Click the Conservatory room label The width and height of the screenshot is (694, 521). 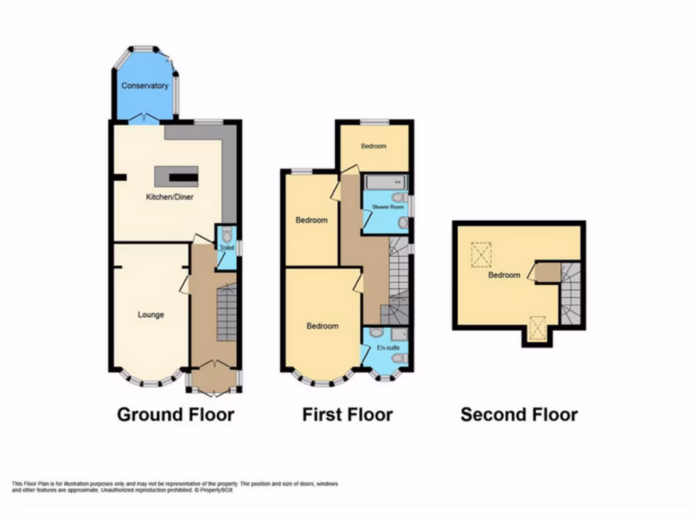(x=144, y=86)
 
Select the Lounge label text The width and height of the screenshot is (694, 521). (x=150, y=315)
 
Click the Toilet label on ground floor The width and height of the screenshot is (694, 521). (x=226, y=248)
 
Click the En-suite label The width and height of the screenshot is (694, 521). (x=386, y=347)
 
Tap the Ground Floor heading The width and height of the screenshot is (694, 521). (x=176, y=414)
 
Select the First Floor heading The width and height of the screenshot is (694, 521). (x=347, y=414)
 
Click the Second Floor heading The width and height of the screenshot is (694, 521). (x=519, y=414)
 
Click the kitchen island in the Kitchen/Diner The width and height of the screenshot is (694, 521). (x=176, y=176)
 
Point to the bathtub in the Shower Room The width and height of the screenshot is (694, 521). (x=385, y=182)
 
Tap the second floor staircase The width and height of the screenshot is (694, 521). (x=571, y=294)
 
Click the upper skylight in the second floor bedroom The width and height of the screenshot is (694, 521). (x=483, y=256)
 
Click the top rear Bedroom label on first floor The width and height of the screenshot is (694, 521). (x=373, y=146)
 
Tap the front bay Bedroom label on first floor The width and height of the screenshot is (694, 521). (x=322, y=326)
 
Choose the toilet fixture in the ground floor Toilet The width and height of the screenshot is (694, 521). (x=227, y=235)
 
